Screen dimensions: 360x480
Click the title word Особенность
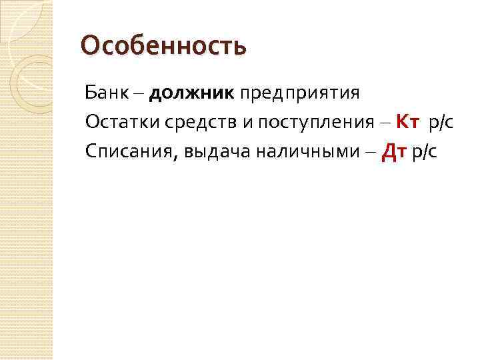163,47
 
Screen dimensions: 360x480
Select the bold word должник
192,93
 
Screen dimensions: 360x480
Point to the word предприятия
300,93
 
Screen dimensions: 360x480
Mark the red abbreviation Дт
393,153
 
